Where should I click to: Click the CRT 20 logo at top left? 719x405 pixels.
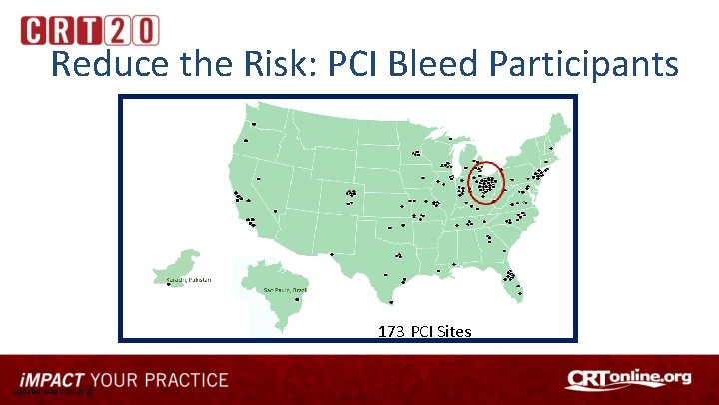click(x=89, y=30)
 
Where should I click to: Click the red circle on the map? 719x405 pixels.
click(x=487, y=184)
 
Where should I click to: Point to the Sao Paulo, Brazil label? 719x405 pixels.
click(x=283, y=288)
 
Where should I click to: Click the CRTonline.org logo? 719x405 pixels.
click(x=628, y=378)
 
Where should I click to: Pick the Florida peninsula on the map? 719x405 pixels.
click(x=514, y=282)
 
